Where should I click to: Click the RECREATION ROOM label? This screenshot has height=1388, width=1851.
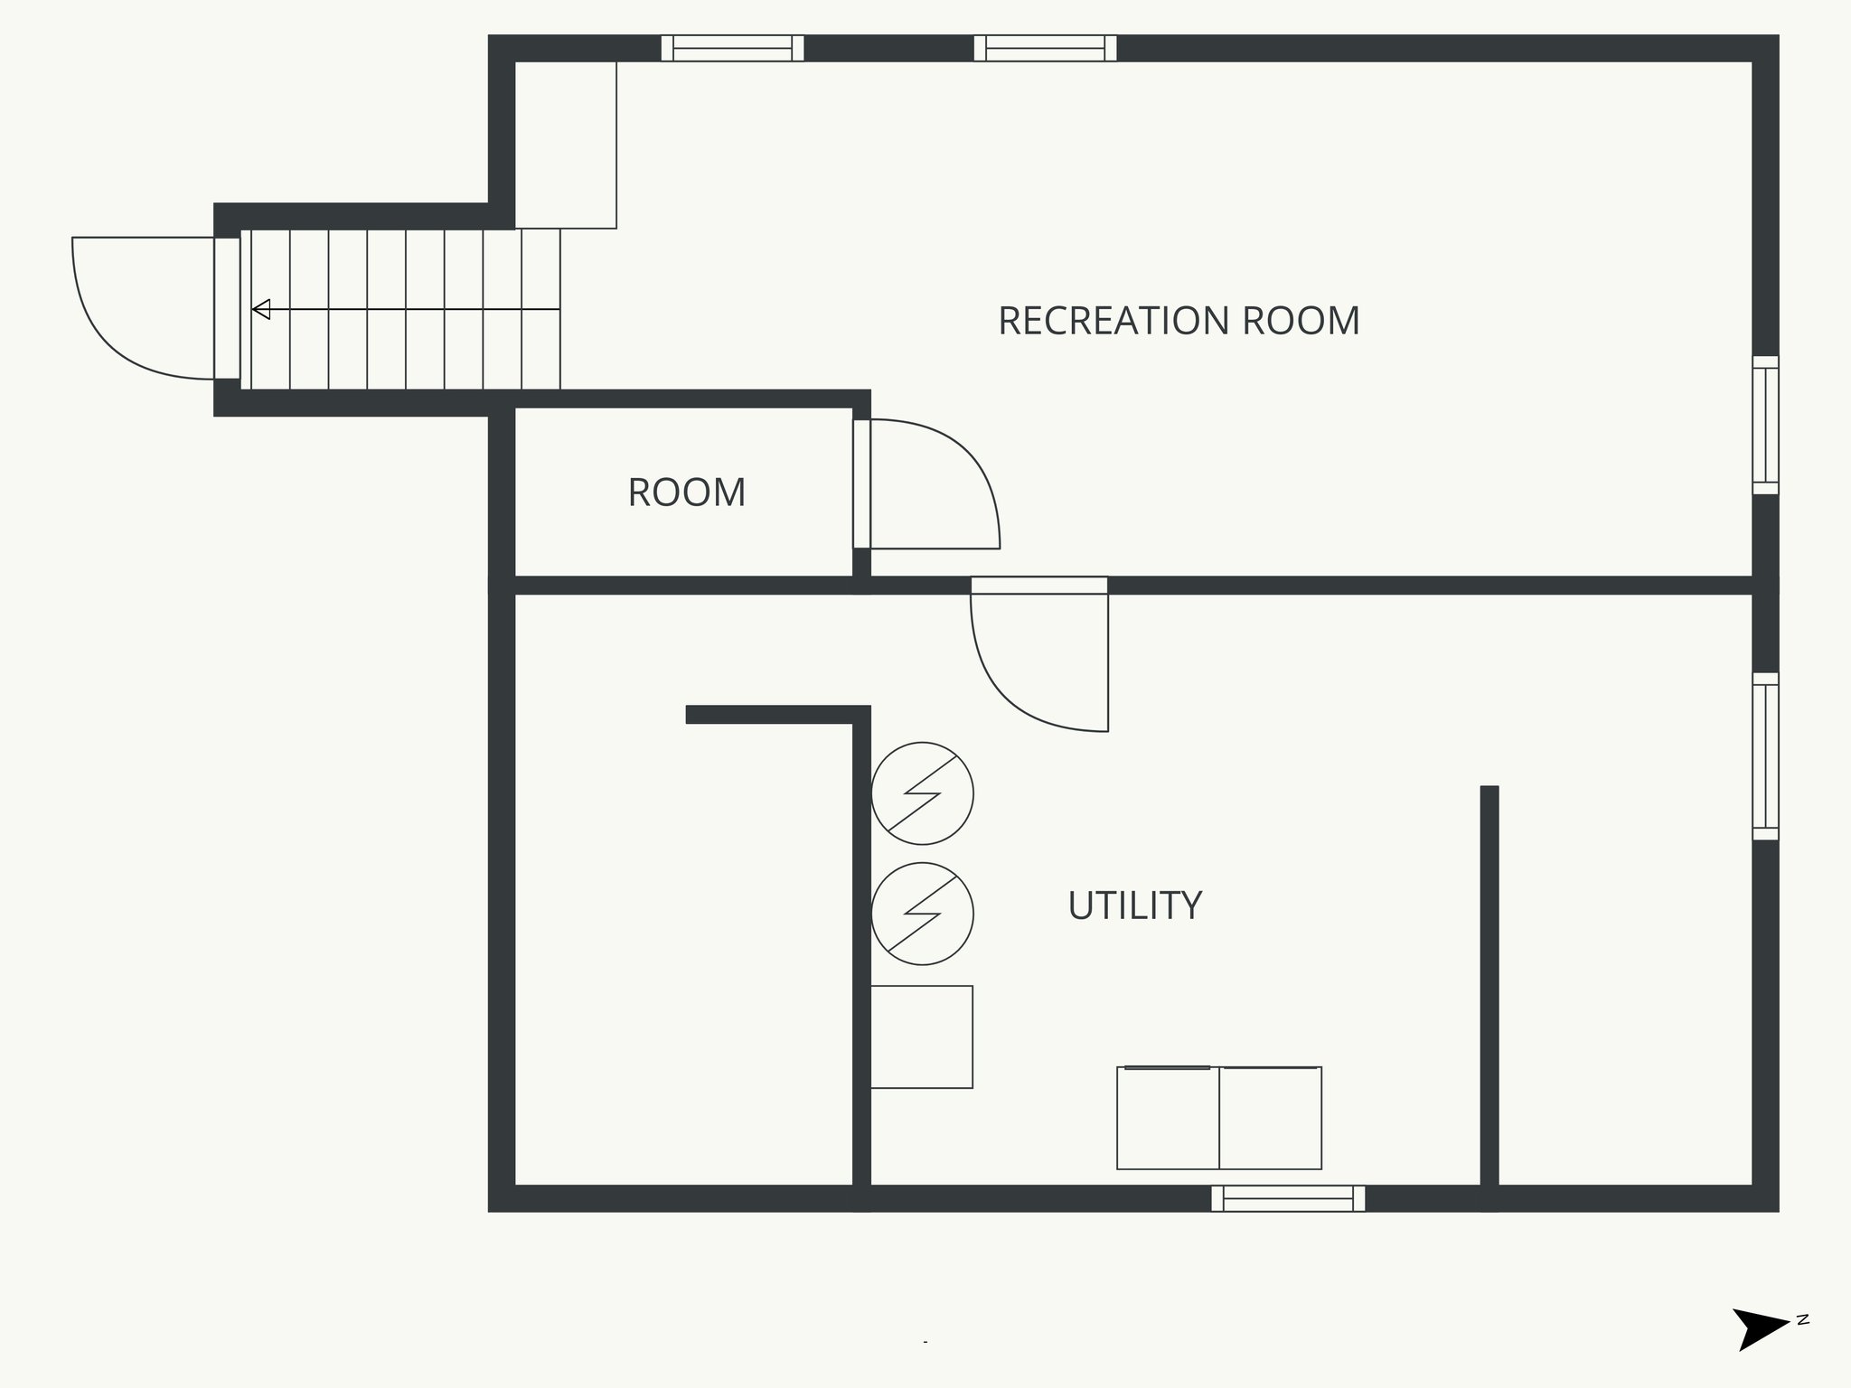point(1178,322)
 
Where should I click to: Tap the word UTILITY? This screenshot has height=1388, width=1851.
point(1134,905)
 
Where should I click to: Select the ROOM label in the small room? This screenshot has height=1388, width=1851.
point(687,493)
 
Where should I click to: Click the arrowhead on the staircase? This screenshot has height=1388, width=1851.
point(261,310)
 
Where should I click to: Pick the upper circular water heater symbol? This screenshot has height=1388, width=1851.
point(922,793)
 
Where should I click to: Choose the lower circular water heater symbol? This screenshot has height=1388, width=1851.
point(922,914)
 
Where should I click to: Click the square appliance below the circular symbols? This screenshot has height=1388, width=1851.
point(921,1036)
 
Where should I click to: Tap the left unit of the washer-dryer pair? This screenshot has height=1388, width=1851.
point(1168,1119)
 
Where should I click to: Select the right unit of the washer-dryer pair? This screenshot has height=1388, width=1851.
point(1271,1119)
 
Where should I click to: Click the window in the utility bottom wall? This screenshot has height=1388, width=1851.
point(1288,1198)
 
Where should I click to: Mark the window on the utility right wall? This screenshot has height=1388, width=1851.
point(1765,756)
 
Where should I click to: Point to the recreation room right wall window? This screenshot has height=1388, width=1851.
point(1765,425)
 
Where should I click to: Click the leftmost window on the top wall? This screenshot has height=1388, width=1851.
point(732,48)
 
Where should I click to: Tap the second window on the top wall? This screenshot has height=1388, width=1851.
point(1045,48)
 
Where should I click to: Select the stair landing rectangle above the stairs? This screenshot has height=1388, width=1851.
point(566,145)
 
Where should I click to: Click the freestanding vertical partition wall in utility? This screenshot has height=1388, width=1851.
point(1489,985)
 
